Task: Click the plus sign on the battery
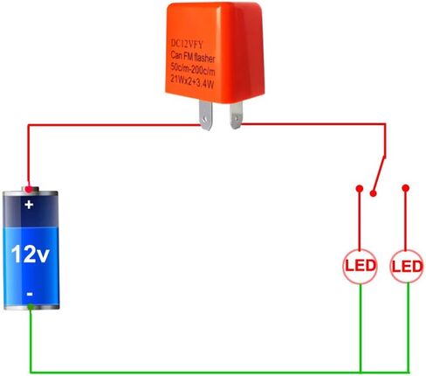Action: [x=29, y=205]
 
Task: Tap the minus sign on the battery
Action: [x=30, y=294]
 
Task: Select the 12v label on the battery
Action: [x=31, y=254]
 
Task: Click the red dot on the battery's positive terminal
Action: [x=28, y=190]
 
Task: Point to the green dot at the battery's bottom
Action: [x=31, y=307]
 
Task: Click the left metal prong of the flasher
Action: [x=205, y=115]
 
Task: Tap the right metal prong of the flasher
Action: [x=236, y=115]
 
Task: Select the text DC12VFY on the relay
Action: [x=187, y=44]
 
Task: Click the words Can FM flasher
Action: [x=193, y=57]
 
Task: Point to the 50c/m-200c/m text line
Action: [x=193, y=69]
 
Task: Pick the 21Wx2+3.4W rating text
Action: [x=192, y=81]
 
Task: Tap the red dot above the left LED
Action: [x=360, y=189]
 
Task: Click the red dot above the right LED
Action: [x=406, y=188]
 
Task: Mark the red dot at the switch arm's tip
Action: [x=373, y=193]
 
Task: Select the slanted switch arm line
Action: [x=380, y=174]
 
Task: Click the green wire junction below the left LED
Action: [x=361, y=373]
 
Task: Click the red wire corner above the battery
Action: [x=28, y=125]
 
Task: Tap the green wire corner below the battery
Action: [x=31, y=373]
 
